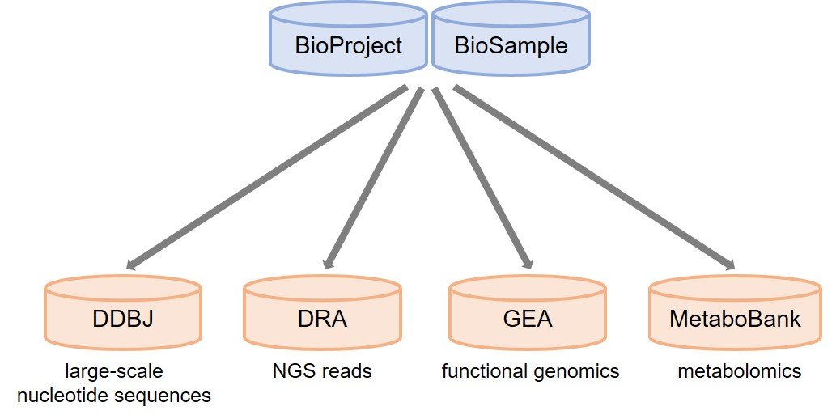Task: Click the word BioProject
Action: pos(348,45)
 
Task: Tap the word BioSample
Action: pos(511,45)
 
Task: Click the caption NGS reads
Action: pos(322,371)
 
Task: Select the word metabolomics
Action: pos(740,371)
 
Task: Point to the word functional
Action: pos(482,371)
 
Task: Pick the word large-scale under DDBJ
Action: pos(114,372)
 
